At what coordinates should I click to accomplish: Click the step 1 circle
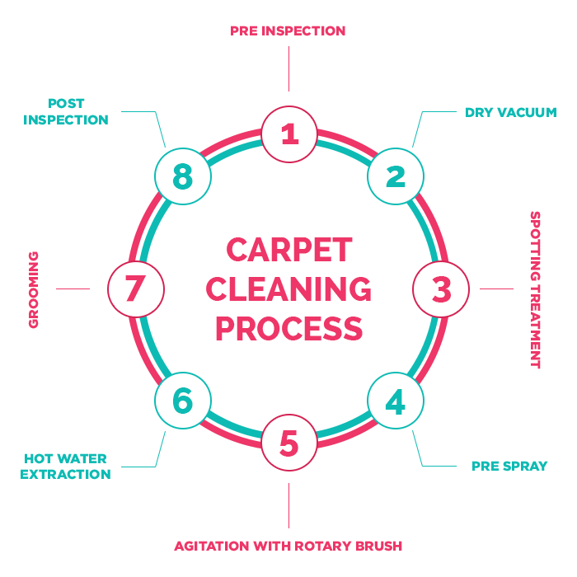point(288,134)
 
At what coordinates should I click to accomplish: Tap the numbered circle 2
point(396,176)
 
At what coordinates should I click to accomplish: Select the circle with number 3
point(441,289)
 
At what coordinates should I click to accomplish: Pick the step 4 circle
point(396,401)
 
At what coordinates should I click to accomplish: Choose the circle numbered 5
point(288,443)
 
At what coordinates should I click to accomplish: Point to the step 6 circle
point(183,401)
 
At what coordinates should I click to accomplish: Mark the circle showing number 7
point(136,289)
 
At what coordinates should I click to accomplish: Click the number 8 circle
point(183,176)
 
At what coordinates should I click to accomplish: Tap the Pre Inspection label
point(288,31)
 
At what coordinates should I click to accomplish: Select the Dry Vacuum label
point(510,112)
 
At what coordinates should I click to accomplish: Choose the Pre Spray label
point(509,466)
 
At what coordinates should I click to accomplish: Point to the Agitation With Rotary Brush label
point(288,546)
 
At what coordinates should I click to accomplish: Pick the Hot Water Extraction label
point(65,467)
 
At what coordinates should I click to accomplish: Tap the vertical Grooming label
point(34,289)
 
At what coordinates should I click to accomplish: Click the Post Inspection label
point(66,112)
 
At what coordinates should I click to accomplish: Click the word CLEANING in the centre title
point(288,289)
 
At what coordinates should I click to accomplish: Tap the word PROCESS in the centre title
point(288,329)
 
